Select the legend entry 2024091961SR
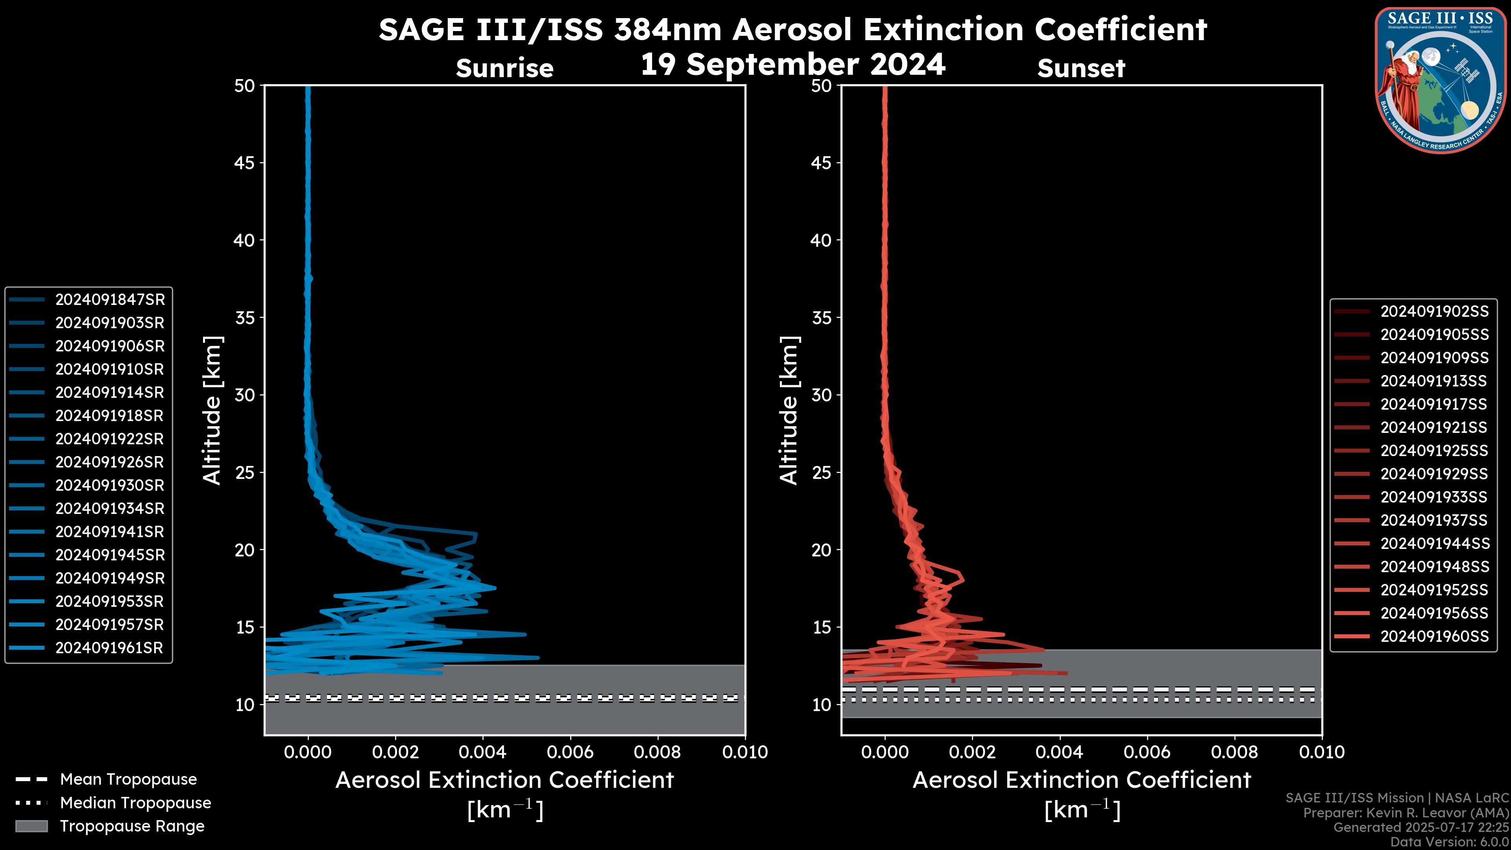(109, 648)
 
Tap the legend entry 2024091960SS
(1434, 636)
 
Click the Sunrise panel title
(504, 68)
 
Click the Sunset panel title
(1081, 68)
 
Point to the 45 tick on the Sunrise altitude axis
(245, 163)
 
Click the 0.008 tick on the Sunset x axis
(1235, 752)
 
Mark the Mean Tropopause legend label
(128, 780)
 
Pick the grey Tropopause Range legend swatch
(31, 826)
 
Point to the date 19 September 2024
(792, 65)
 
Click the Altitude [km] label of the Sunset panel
(789, 410)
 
